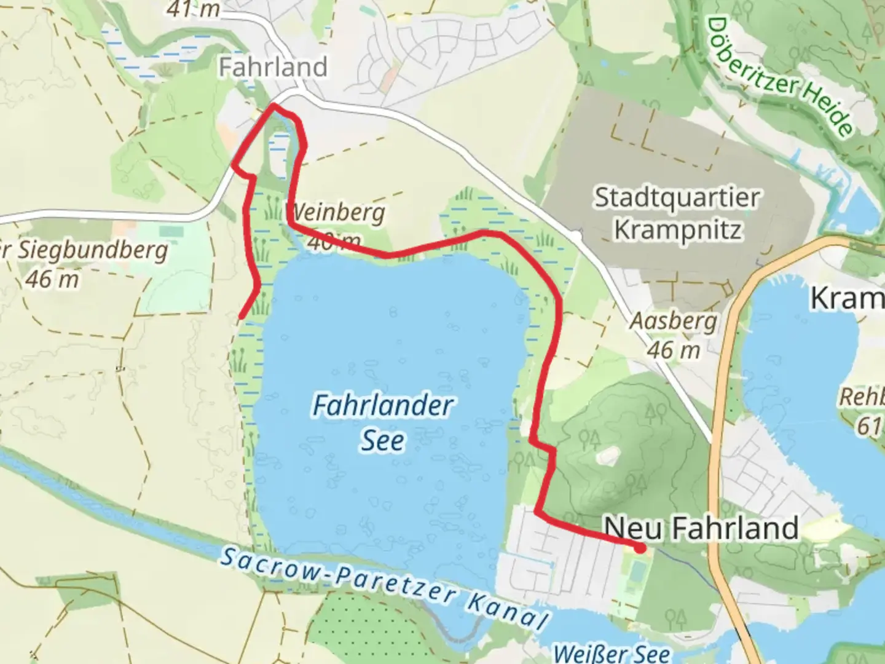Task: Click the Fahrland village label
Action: click(273, 67)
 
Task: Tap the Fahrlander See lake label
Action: click(383, 422)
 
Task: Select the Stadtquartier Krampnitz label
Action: click(677, 213)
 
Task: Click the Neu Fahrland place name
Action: click(701, 528)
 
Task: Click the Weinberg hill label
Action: click(337, 213)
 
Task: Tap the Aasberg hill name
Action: click(674, 321)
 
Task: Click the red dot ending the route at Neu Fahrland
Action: click(640, 548)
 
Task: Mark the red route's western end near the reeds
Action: click(241, 317)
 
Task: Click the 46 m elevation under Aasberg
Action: click(673, 350)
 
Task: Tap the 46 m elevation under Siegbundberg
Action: click(52, 279)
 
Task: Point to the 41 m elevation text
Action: click(193, 9)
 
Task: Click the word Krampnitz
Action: click(677, 229)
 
